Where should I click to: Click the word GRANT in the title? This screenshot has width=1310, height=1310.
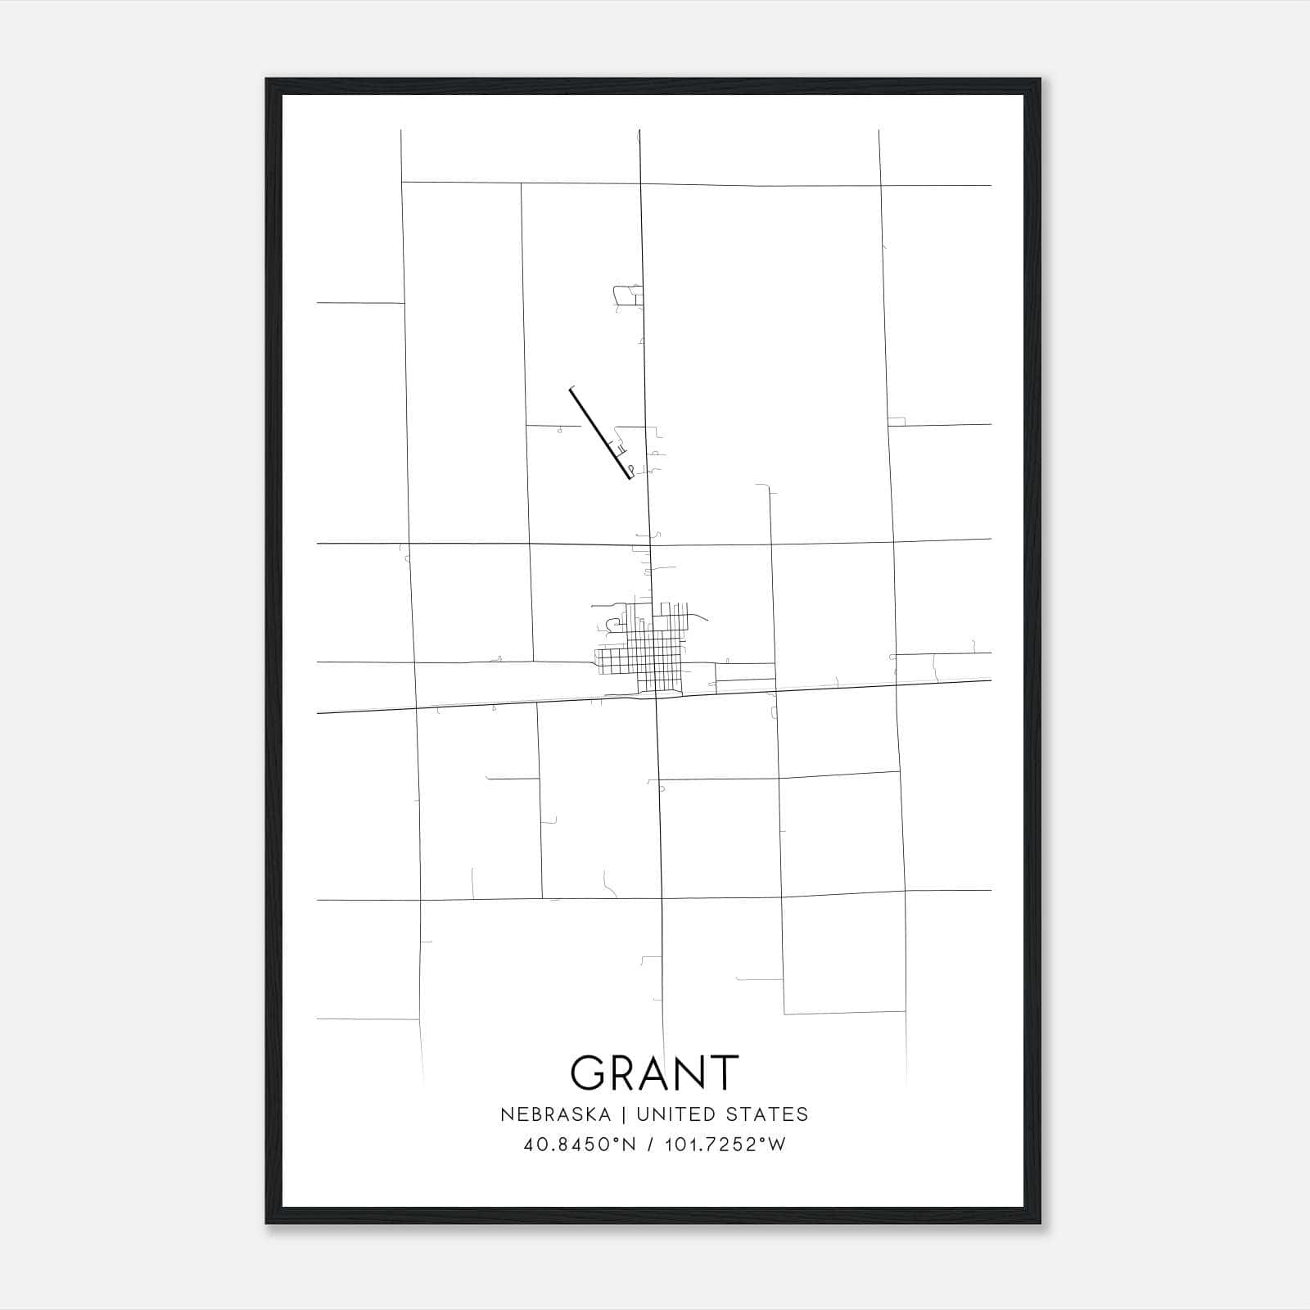[654, 1072]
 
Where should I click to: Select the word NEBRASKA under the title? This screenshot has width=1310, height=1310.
[555, 1114]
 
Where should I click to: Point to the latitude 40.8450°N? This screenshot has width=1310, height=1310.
[579, 1145]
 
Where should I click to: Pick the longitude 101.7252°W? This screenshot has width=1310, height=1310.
[725, 1145]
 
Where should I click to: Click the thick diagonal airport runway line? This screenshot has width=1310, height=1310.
[600, 433]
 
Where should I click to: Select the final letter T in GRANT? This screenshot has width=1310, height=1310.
[723, 1073]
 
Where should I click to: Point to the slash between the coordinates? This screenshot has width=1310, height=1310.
[650, 1145]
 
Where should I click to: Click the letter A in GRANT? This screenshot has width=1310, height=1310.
[656, 1073]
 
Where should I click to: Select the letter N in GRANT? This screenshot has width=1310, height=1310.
[691, 1073]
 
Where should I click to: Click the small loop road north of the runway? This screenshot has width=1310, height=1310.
[627, 295]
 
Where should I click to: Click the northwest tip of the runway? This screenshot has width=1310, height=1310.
[571, 390]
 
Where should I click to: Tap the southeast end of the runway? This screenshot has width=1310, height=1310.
[630, 477]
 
